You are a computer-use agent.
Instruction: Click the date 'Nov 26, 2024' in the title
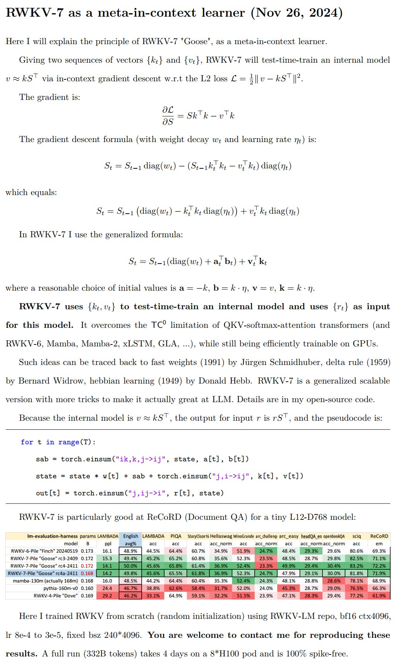(297, 13)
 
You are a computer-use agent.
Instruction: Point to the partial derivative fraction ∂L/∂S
(168, 116)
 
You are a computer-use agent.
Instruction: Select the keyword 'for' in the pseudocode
(27, 442)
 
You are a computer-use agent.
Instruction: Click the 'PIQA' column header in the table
(176, 536)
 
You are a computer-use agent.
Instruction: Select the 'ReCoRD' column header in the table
(379, 536)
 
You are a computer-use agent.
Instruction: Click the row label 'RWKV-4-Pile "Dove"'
(56, 596)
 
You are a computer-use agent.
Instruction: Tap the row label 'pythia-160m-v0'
(60, 588)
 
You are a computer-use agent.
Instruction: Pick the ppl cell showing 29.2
(107, 596)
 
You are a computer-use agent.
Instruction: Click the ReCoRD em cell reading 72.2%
(379, 566)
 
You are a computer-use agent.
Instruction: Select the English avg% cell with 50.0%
(130, 566)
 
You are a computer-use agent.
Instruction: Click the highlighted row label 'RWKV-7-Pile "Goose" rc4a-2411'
(43, 573)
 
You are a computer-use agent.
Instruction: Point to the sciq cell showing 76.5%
(357, 588)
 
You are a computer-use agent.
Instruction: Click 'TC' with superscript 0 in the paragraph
(158, 325)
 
